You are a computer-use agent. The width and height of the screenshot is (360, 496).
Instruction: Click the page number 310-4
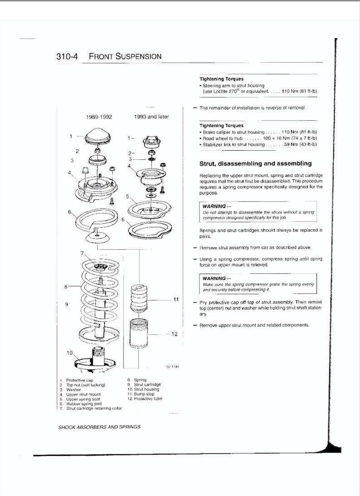click(67, 57)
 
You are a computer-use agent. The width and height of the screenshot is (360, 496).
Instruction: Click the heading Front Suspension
click(125, 57)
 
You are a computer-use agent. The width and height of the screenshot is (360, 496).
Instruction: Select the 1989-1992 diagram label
click(99, 117)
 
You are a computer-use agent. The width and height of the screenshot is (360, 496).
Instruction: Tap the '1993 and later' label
click(151, 117)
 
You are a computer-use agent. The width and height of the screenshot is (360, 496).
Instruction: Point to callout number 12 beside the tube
click(175, 334)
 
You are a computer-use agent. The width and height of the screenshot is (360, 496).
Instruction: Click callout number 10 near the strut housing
click(70, 353)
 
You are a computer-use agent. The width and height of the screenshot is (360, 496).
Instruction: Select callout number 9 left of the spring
click(67, 304)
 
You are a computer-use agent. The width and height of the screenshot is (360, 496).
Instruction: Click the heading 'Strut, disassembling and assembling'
click(255, 163)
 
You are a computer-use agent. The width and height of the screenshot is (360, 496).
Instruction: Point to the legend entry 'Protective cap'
click(80, 380)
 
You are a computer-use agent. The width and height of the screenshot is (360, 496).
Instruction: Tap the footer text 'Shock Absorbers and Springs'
click(99, 427)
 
